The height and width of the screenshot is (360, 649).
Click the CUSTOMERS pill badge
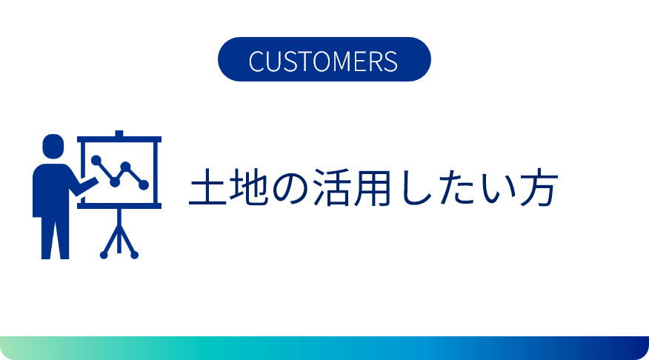(x=324, y=59)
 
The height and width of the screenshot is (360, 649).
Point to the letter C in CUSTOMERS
(x=256, y=61)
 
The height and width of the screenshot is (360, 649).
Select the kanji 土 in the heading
(x=207, y=187)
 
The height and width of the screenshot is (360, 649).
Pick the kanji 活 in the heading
(x=331, y=187)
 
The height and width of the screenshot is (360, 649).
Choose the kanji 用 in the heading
(x=372, y=187)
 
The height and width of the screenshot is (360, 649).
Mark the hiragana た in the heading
(x=454, y=187)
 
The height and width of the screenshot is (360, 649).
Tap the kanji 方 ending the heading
(x=539, y=187)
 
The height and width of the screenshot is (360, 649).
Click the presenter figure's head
(x=53, y=146)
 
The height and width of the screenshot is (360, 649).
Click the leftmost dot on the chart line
(x=96, y=160)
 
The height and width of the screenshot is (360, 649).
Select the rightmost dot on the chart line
(x=144, y=185)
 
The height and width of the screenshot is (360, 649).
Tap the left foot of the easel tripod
(x=104, y=255)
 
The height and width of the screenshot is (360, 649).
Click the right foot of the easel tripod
(x=134, y=255)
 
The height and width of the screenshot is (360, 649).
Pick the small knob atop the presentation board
(x=119, y=133)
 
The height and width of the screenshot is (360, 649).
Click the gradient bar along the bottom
(x=324, y=348)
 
